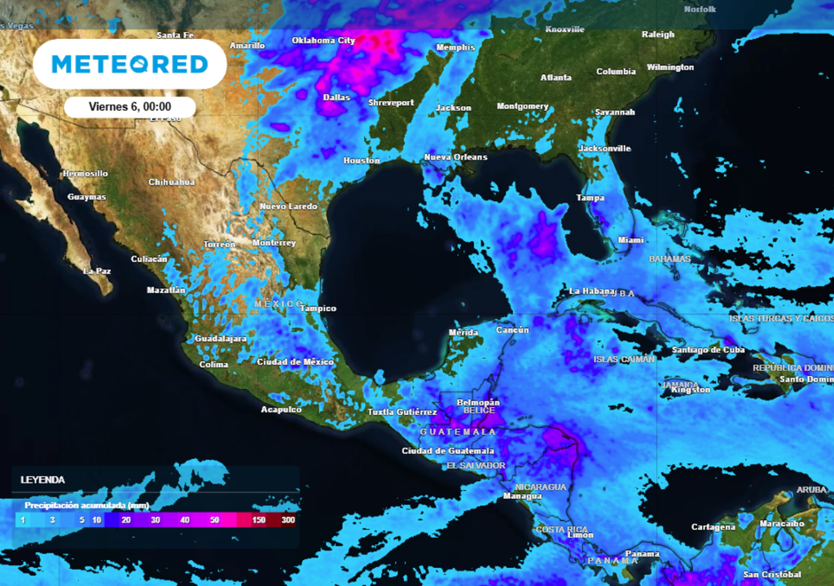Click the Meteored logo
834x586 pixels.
coord(129,63)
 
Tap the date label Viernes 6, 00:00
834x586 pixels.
coord(129,107)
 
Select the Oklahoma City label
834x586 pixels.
coord(323,40)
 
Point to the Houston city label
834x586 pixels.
coord(362,160)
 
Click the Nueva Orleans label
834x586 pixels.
coord(455,157)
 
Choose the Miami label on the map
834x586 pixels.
coord(630,240)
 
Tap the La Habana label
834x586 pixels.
coord(588,291)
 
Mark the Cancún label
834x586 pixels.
coord(512,330)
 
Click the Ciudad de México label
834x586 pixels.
coord(295,361)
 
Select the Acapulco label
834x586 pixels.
coord(281,409)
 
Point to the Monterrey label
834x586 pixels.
coord(274,243)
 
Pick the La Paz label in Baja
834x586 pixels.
coord(98,270)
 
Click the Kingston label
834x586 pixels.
coord(691,390)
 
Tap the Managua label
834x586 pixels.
coord(522,496)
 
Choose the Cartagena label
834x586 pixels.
coord(713,527)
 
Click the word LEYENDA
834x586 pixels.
coord(42,479)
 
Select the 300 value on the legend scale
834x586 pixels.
coord(288,519)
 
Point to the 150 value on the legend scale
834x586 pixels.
coord(259,519)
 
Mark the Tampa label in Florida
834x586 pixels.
coord(590,198)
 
